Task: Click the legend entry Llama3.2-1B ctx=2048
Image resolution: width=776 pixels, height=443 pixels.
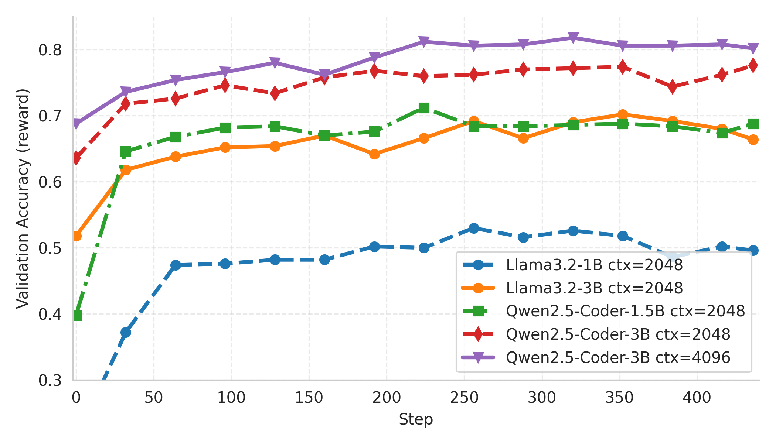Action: coord(594,265)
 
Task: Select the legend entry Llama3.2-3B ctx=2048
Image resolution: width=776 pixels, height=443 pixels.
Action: coord(594,288)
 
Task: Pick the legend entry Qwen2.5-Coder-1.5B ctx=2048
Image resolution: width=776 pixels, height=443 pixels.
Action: coord(625,311)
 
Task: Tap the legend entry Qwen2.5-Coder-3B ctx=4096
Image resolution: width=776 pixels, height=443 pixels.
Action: coord(618,357)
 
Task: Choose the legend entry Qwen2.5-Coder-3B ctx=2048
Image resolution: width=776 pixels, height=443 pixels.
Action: coord(618,334)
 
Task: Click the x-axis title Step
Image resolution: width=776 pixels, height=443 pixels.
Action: coord(415,419)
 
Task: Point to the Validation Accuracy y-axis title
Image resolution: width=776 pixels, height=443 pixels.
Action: coord(23,198)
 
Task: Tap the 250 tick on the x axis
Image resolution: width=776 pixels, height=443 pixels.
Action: coord(464,398)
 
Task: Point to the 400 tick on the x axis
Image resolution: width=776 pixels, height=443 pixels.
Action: coord(697,398)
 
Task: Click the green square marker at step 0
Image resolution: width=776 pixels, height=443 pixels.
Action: coord(77,315)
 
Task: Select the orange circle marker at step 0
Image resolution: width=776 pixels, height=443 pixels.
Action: coord(76,236)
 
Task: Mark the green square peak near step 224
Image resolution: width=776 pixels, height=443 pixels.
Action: coord(424,108)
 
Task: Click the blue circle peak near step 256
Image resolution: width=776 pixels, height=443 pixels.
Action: coord(474,228)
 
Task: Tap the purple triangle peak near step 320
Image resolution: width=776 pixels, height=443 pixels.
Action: coord(573,38)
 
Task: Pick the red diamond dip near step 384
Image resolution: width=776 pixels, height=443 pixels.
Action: coord(672,87)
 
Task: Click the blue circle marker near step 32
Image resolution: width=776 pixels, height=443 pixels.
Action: coord(126,332)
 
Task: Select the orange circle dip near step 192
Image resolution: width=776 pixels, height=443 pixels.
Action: coord(374,154)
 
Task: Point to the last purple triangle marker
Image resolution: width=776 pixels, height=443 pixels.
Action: coord(753,48)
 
